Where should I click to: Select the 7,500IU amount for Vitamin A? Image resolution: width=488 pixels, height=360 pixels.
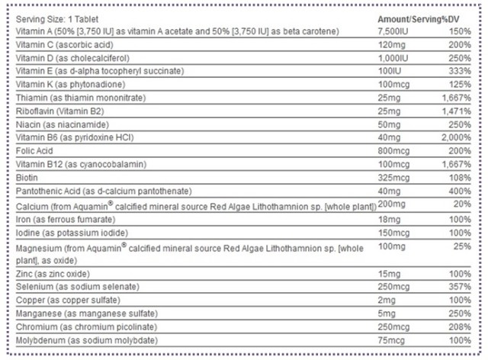tap(394, 31)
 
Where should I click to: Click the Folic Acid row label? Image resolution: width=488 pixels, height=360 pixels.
tap(34, 150)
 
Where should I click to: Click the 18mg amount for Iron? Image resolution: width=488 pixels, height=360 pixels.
tap(389, 219)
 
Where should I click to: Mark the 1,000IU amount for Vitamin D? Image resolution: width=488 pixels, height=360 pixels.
tap(394, 58)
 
